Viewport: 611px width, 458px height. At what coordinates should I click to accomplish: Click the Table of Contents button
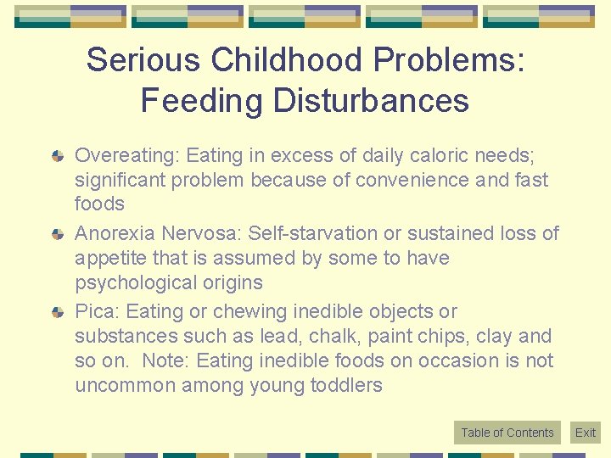point(507,433)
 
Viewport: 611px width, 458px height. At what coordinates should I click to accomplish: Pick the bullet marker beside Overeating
point(58,157)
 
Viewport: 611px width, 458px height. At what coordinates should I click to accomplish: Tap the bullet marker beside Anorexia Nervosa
point(58,234)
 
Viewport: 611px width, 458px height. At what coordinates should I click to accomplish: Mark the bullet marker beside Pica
point(58,312)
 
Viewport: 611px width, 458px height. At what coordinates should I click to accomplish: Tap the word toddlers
point(348,385)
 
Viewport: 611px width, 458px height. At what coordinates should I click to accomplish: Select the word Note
point(166,360)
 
